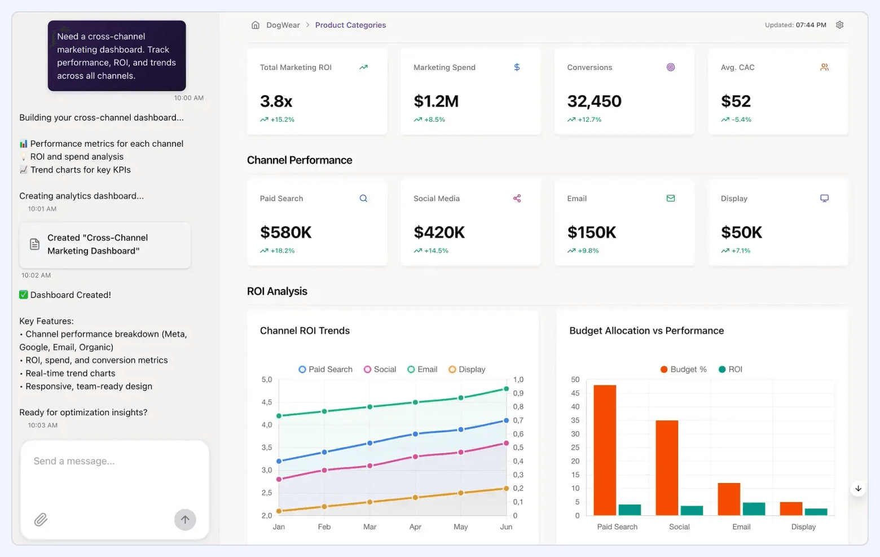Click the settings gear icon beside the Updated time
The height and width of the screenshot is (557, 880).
839,25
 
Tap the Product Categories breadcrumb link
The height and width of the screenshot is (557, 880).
350,25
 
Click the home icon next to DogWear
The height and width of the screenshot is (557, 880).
256,25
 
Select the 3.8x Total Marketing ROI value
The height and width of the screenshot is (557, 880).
276,101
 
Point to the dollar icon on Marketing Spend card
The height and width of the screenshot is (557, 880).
517,67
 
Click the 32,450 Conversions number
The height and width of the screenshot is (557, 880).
594,101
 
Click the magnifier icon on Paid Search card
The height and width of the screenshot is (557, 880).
363,199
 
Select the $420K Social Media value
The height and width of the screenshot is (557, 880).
439,232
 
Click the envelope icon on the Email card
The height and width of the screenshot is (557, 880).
671,199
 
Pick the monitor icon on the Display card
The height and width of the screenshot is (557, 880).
824,199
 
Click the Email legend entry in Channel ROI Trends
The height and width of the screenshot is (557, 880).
423,369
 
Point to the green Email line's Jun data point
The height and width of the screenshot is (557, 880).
506,389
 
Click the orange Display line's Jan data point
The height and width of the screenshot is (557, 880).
279,511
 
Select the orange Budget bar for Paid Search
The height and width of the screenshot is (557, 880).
605,450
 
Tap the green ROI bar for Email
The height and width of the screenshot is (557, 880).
754,508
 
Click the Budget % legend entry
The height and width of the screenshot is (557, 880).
683,369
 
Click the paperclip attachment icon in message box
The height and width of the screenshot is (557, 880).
41,519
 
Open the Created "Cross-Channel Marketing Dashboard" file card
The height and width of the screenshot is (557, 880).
105,244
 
